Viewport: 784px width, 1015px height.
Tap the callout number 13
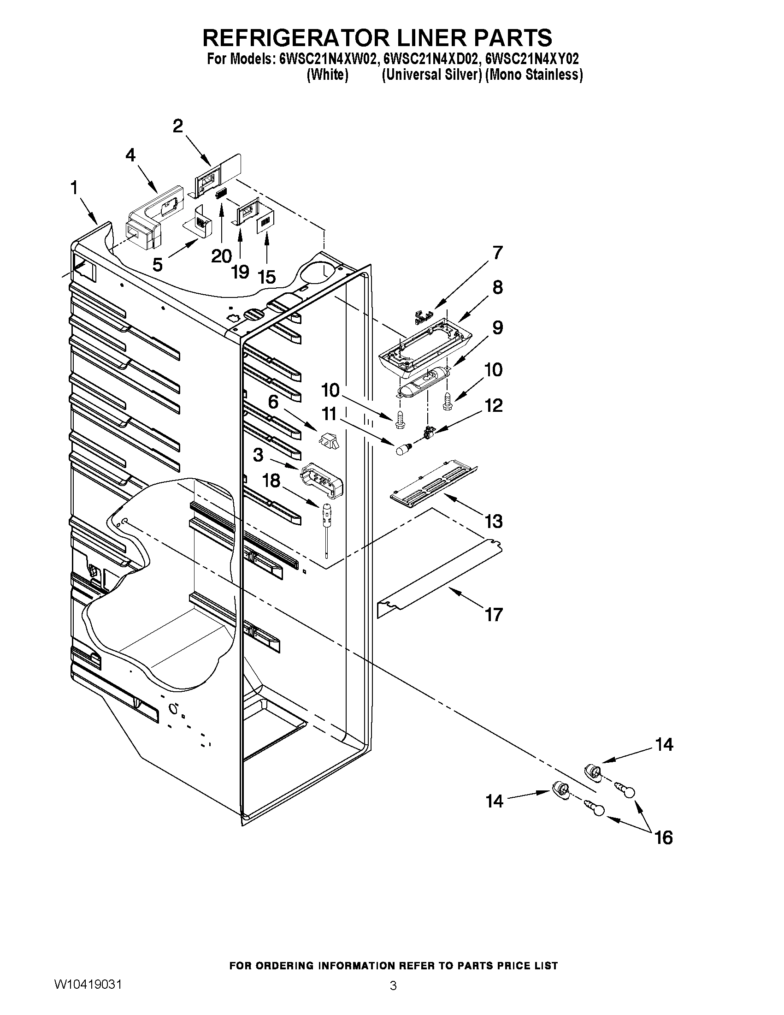point(494,521)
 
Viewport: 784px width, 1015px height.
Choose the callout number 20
point(221,255)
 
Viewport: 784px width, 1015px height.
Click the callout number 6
point(273,401)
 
